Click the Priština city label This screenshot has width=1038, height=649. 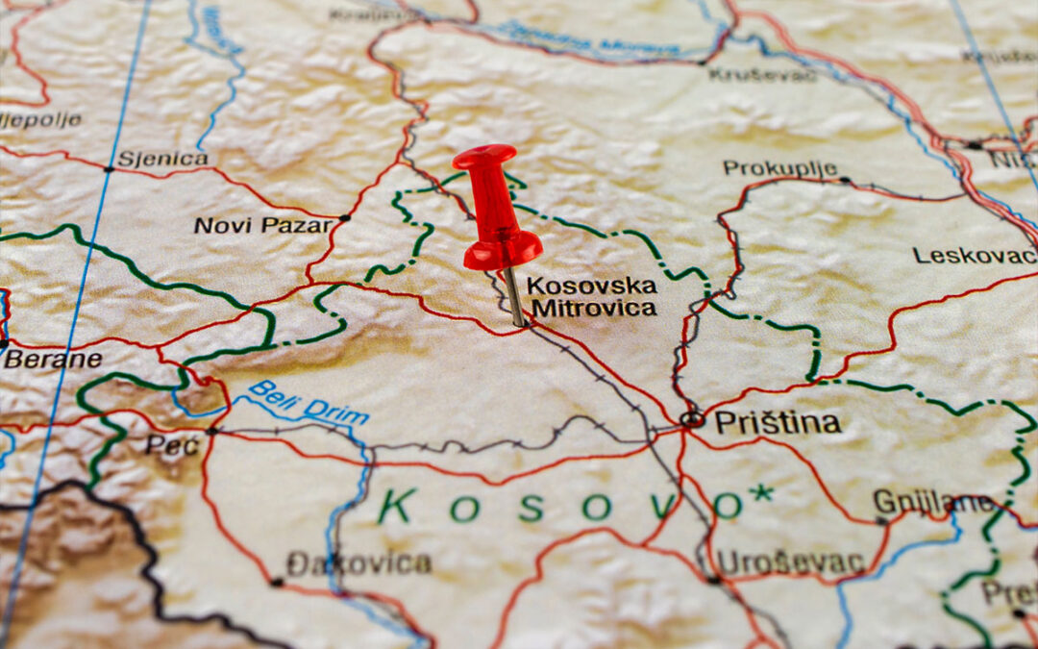(778, 422)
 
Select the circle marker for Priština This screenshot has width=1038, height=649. (691, 419)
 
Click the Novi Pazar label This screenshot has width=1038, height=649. (263, 225)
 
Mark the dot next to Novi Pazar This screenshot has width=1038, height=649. (345, 218)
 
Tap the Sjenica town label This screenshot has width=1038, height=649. (162, 159)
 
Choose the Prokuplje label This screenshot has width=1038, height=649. (779, 168)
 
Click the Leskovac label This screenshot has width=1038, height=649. (974, 255)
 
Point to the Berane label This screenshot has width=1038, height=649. (53, 360)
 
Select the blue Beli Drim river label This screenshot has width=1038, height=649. (309, 402)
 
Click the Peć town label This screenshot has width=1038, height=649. (173, 444)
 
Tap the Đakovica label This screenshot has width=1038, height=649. (358, 563)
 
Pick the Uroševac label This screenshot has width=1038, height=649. (791, 562)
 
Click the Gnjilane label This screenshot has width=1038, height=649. (932, 502)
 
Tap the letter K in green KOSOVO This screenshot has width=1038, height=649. (397, 506)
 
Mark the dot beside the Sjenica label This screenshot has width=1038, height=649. (109, 168)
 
